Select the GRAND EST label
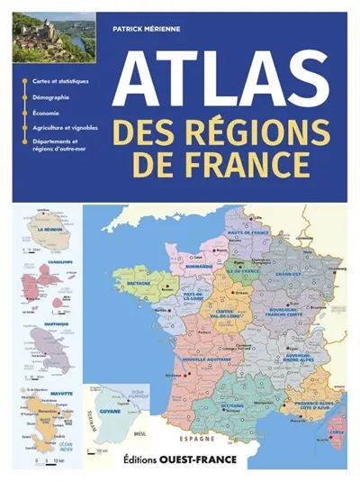(x=289, y=273)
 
